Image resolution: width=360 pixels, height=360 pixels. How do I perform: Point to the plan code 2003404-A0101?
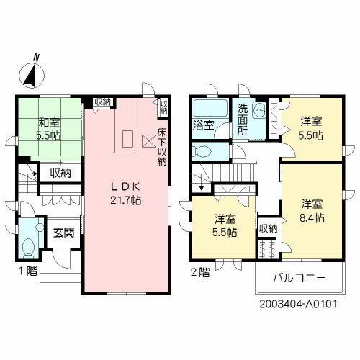pyautogui.click(x=300, y=305)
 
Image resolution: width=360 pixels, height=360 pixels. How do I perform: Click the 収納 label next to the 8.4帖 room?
pyautogui.click(x=267, y=229)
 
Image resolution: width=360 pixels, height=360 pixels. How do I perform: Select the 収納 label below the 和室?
pyautogui.click(x=60, y=173)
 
